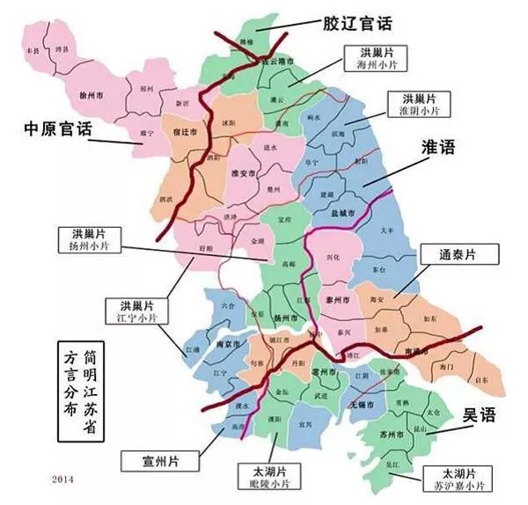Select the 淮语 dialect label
439,149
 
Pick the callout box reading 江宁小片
133,308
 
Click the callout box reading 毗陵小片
270,476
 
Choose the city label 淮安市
241,175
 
